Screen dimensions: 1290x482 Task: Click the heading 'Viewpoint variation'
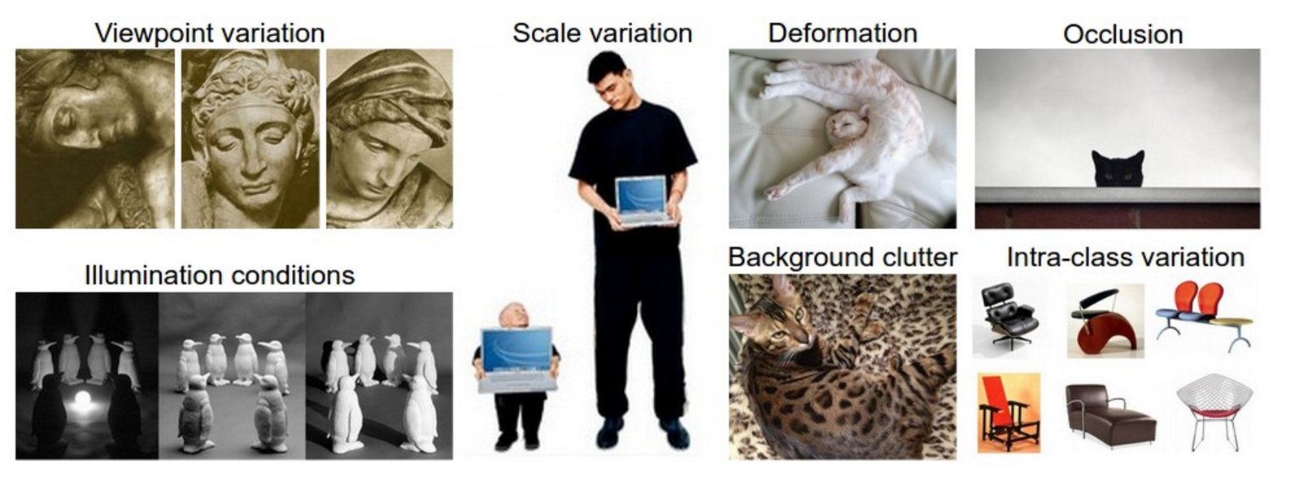[x=210, y=33]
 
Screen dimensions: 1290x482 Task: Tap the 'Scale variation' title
[x=603, y=33]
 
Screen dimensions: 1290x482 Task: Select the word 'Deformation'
[x=843, y=33]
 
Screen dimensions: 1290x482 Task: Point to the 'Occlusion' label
[x=1123, y=34]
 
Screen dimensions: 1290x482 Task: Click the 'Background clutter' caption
[x=843, y=257]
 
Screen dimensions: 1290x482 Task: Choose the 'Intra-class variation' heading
[x=1126, y=257]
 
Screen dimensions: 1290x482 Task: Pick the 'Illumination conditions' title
[x=220, y=275]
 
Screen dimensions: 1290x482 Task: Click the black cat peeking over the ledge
[x=1118, y=169]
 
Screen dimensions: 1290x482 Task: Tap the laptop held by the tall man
[x=644, y=199]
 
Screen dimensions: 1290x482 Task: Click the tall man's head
[x=611, y=81]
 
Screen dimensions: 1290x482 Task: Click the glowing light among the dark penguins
[x=85, y=402]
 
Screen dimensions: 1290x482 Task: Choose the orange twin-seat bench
[x=1204, y=315]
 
